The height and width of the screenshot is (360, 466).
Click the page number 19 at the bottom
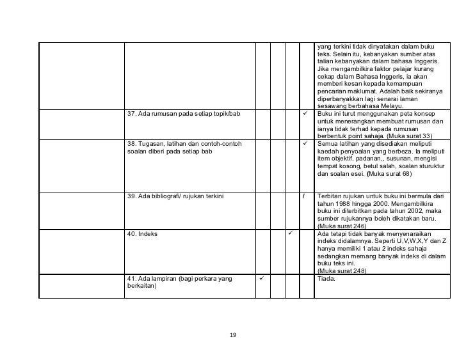(x=233, y=335)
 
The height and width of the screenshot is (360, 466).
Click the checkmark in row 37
(x=306, y=114)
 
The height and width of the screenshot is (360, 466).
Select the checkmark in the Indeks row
(x=291, y=233)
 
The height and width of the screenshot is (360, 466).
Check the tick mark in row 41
(x=261, y=278)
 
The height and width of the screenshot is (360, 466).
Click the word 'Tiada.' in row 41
(x=327, y=279)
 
